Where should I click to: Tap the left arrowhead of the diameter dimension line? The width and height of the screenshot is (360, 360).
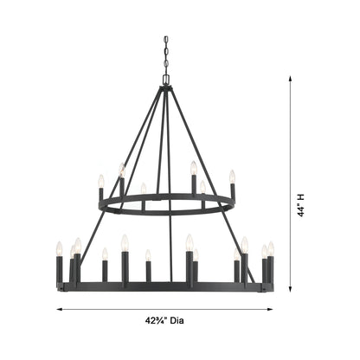59,306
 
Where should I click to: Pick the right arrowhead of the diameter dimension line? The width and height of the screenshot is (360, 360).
271,306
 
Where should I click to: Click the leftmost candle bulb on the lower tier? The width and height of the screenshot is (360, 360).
60,249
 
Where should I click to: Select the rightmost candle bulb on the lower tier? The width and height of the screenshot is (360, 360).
271,249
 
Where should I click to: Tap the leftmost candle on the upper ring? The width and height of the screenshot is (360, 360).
101,182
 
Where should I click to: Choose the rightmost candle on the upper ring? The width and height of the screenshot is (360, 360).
232,177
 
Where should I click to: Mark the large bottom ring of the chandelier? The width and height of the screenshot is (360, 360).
164,287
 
